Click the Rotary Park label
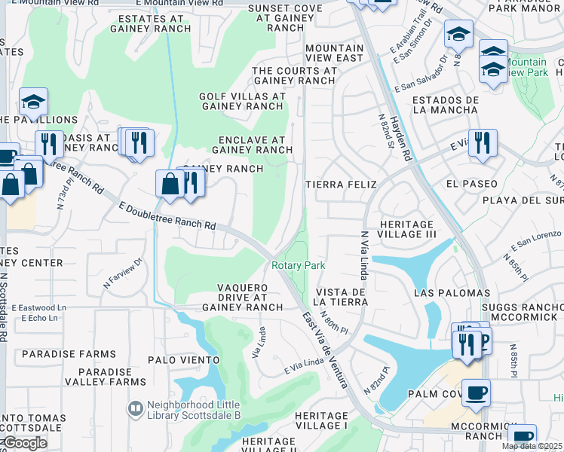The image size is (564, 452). (298, 265)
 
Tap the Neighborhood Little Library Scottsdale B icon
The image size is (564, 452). (136, 408)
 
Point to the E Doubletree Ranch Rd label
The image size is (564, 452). (167, 215)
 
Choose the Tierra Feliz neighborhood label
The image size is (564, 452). (340, 184)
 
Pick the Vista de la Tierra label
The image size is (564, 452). (342, 297)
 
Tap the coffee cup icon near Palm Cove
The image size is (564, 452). (475, 392)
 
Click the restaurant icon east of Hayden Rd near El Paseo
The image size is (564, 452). (483, 142)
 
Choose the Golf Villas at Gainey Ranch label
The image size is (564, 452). (242, 102)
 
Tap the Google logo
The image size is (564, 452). (25, 443)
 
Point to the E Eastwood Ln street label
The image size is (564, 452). (39, 307)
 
